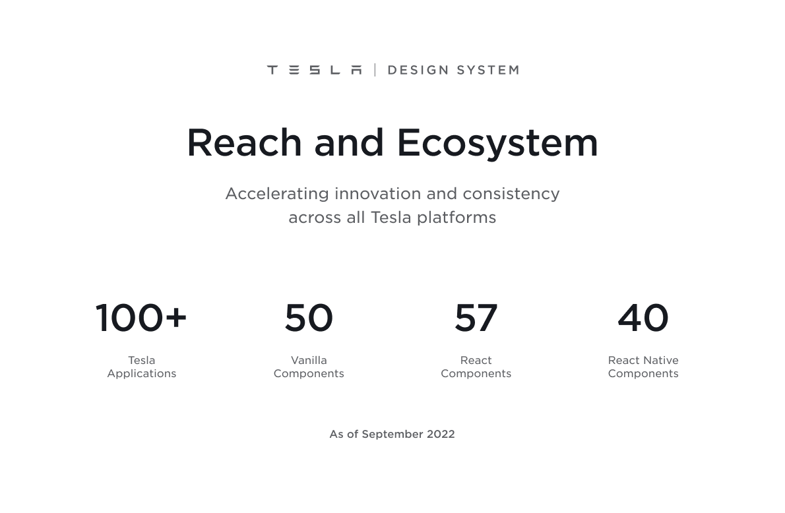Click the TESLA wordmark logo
pyautogui.click(x=314, y=70)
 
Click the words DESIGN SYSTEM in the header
pyautogui.click(x=453, y=70)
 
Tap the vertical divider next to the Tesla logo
pyautogui.click(x=375, y=70)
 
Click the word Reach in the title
pyautogui.click(x=244, y=142)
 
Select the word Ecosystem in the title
pyautogui.click(x=497, y=143)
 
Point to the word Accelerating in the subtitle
pyautogui.click(x=277, y=194)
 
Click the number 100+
pyautogui.click(x=141, y=318)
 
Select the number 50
pyautogui.click(x=309, y=318)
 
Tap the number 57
pyautogui.click(x=476, y=318)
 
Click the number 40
pyautogui.click(x=643, y=318)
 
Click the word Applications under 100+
pyautogui.click(x=141, y=374)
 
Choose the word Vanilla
pyautogui.click(x=309, y=361)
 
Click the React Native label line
pyautogui.click(x=643, y=361)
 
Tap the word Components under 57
pyautogui.click(x=476, y=374)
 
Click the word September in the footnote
pyautogui.click(x=392, y=435)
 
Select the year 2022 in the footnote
pyautogui.click(x=441, y=435)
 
